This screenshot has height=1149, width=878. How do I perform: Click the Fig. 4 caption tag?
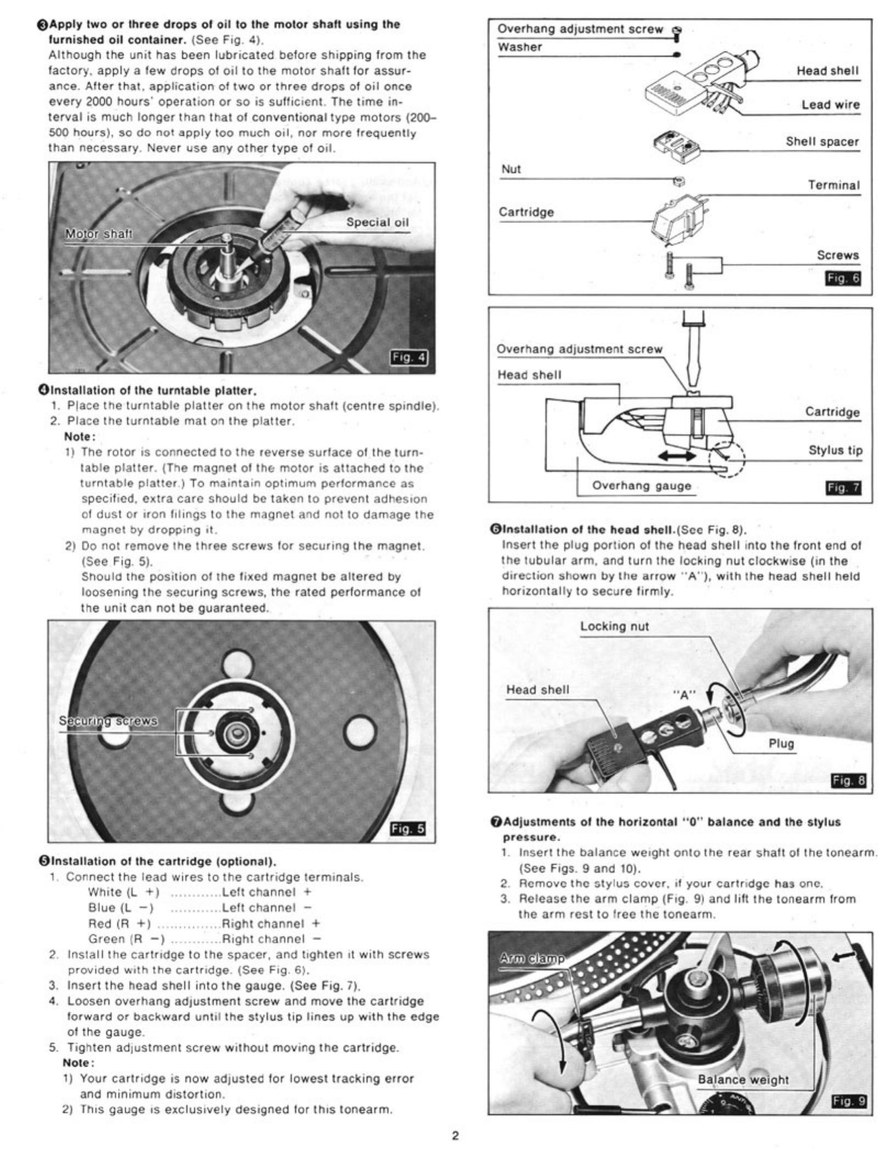[x=408, y=358]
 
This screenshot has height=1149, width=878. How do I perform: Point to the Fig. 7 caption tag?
[x=844, y=488]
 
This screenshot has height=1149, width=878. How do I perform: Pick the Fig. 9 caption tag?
[x=849, y=1101]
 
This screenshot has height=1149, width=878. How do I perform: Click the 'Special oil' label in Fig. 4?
[x=377, y=222]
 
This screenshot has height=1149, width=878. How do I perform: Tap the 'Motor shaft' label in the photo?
[x=99, y=234]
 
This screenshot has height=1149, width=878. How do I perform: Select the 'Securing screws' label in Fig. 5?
[x=108, y=720]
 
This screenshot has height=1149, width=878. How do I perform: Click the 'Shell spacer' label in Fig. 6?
[x=822, y=142]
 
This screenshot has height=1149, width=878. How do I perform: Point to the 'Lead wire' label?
[x=830, y=105]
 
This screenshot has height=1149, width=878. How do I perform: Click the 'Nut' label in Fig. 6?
[x=510, y=170]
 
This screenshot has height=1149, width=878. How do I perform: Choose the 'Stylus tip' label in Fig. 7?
[x=835, y=450]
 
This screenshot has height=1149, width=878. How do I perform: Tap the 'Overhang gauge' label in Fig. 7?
[x=641, y=486]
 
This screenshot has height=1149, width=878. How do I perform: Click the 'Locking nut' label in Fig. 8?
[x=614, y=627]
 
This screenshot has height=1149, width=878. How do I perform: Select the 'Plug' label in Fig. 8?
[x=781, y=744]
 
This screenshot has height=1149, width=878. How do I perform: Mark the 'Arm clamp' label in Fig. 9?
[x=532, y=959]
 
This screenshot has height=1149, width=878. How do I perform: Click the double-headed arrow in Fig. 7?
[x=678, y=456]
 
